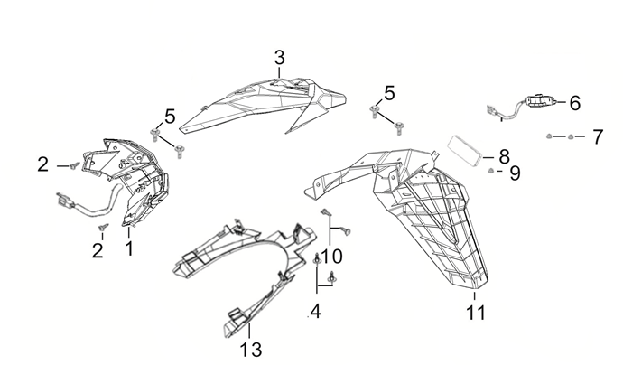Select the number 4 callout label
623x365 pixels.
tap(315, 313)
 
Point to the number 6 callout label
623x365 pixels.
tap(574, 103)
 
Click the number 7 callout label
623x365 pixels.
tap(597, 137)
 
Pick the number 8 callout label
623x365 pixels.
tap(504, 155)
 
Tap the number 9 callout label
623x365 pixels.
tap(515, 173)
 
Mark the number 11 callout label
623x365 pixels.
tap(475, 313)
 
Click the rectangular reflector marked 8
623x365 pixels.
tap(467, 148)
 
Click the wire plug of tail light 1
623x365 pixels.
tap(65, 201)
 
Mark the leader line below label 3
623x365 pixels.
tap(280, 73)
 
